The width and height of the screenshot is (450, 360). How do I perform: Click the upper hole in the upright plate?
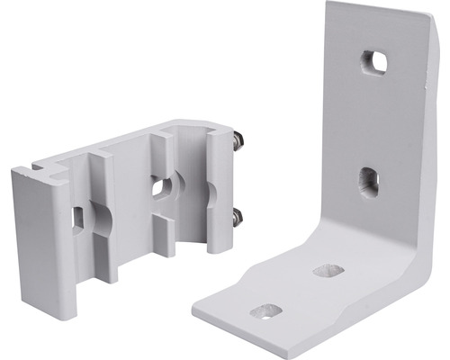(373, 62)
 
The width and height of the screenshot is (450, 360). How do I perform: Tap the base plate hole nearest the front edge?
(265, 311)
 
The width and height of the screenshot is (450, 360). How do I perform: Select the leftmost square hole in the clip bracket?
(78, 217)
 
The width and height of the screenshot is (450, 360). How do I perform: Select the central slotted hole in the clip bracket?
(162, 187)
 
